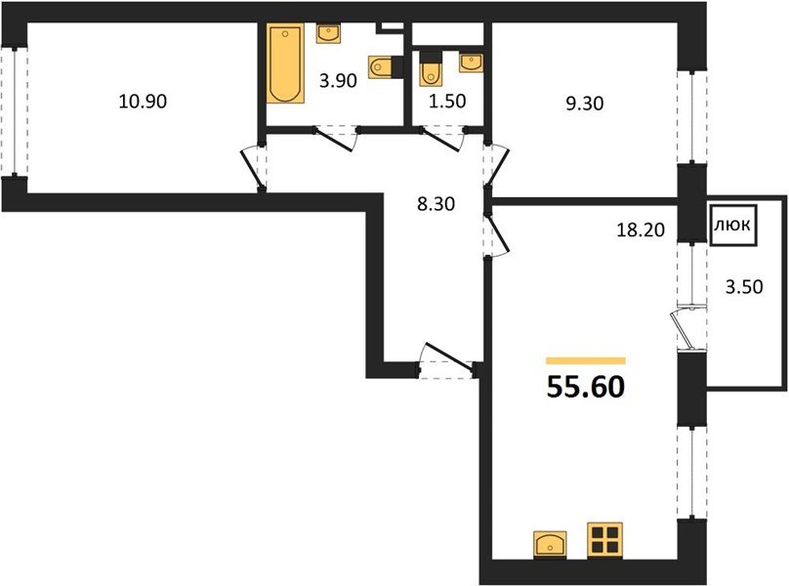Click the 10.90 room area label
143,102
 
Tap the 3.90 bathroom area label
338,80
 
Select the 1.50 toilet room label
447,102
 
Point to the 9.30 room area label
584,104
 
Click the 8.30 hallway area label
436,204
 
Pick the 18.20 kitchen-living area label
641,230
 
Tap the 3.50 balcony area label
744,287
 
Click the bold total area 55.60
586,387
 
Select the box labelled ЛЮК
733,225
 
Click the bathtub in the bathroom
285,63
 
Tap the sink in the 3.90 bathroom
330,34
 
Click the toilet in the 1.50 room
431,68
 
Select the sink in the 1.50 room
471,63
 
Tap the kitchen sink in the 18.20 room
550,544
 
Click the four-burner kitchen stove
604,540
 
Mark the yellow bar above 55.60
586,360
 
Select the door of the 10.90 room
254,169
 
